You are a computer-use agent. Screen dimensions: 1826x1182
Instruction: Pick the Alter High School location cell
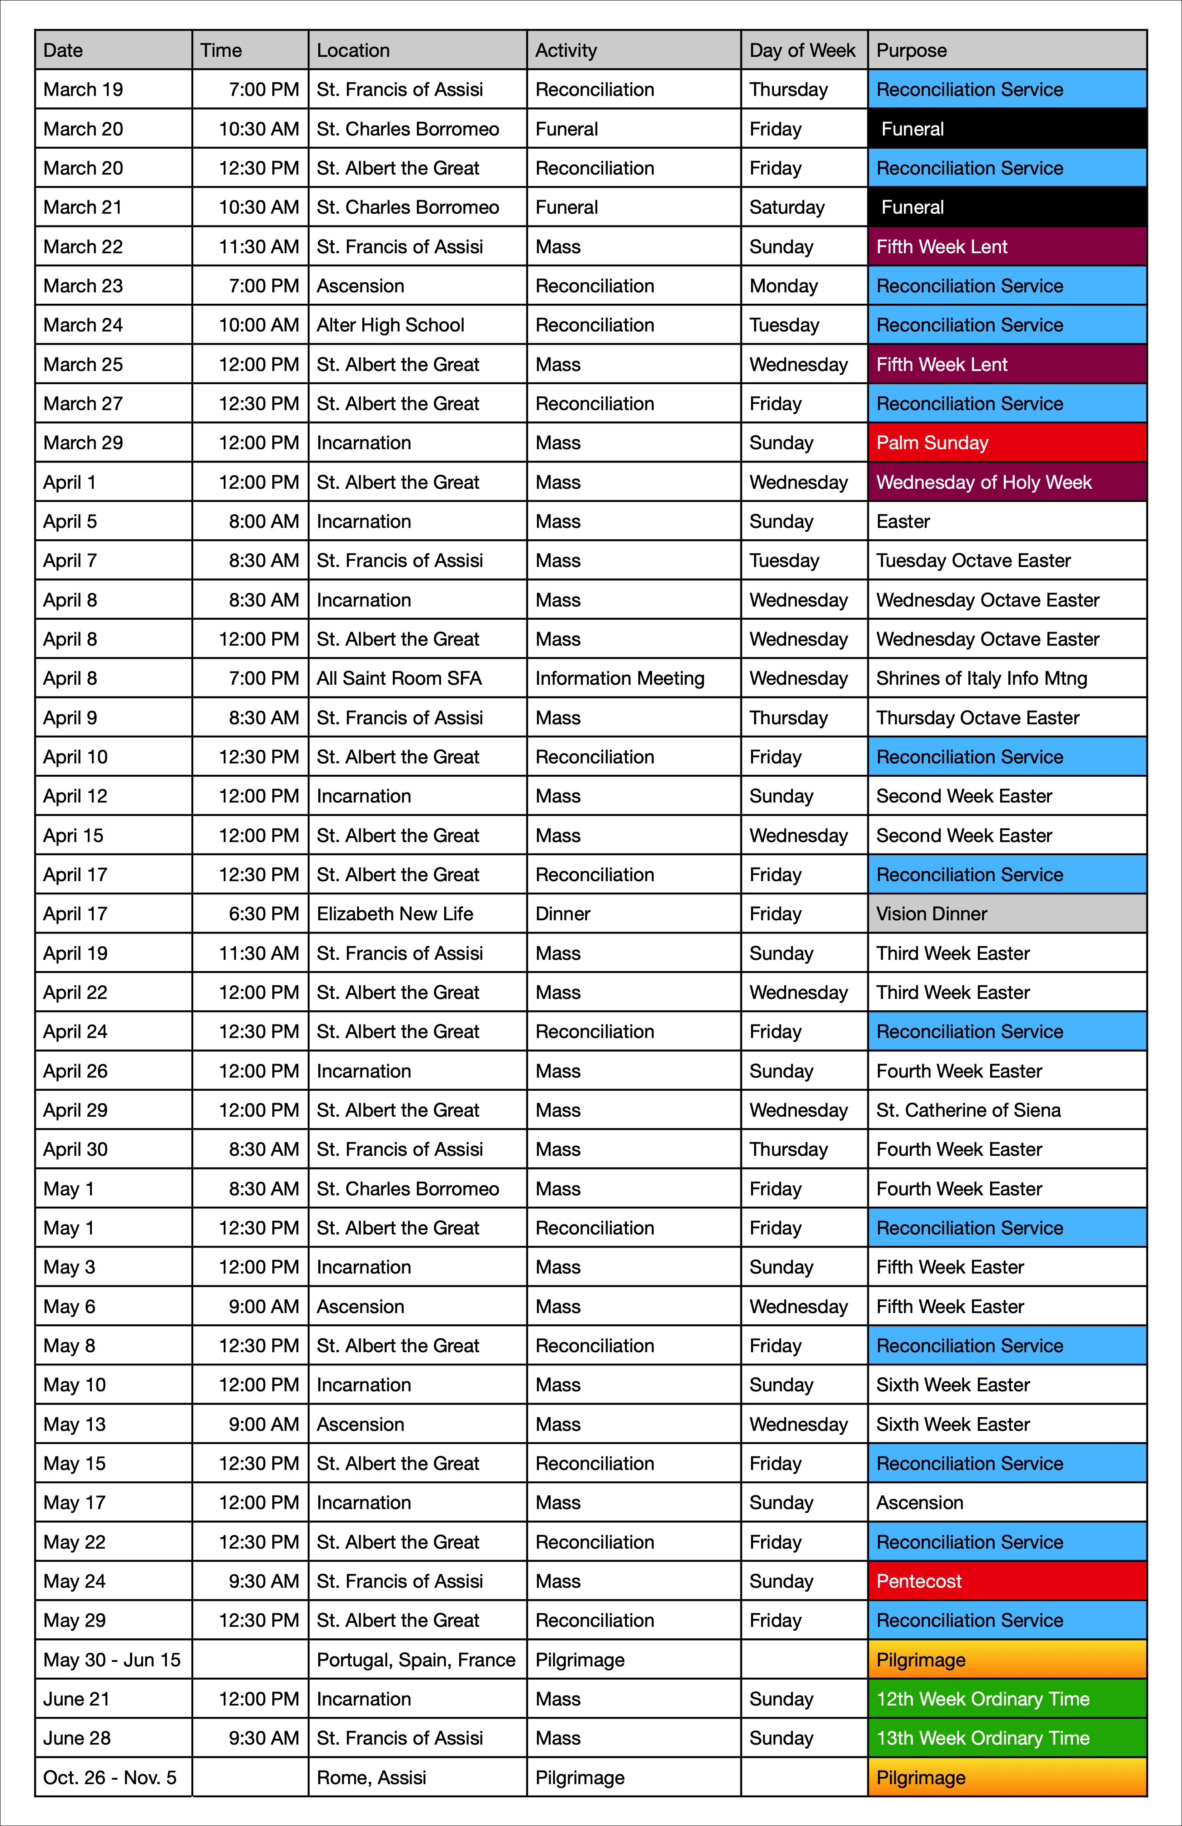point(391,325)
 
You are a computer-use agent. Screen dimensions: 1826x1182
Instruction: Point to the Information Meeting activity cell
point(619,678)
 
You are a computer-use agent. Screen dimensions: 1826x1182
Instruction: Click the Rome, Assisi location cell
point(371,1778)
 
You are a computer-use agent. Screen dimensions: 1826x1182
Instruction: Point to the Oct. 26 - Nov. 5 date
point(110,1778)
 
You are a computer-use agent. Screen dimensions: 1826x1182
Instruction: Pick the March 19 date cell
point(83,90)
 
